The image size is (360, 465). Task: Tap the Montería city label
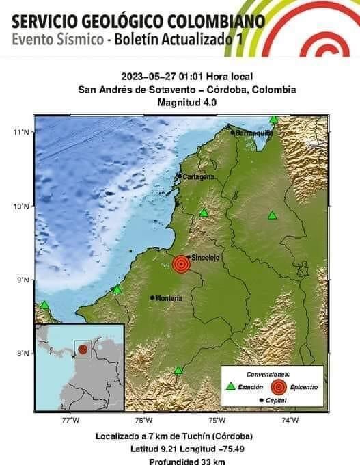pos(169,298)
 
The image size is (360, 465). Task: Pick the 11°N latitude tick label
pos(23,132)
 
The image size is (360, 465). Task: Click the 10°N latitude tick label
pos(23,206)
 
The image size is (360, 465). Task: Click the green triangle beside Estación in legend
pos(231,387)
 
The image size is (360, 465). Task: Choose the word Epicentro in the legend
pos(303,388)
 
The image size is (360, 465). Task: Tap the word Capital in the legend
pos(276,400)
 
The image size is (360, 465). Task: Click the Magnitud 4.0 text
pos(186,102)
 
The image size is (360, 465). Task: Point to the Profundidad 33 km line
pos(182,462)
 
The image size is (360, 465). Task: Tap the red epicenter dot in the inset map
pos(83,349)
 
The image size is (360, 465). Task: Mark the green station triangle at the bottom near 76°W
pos(178,370)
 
